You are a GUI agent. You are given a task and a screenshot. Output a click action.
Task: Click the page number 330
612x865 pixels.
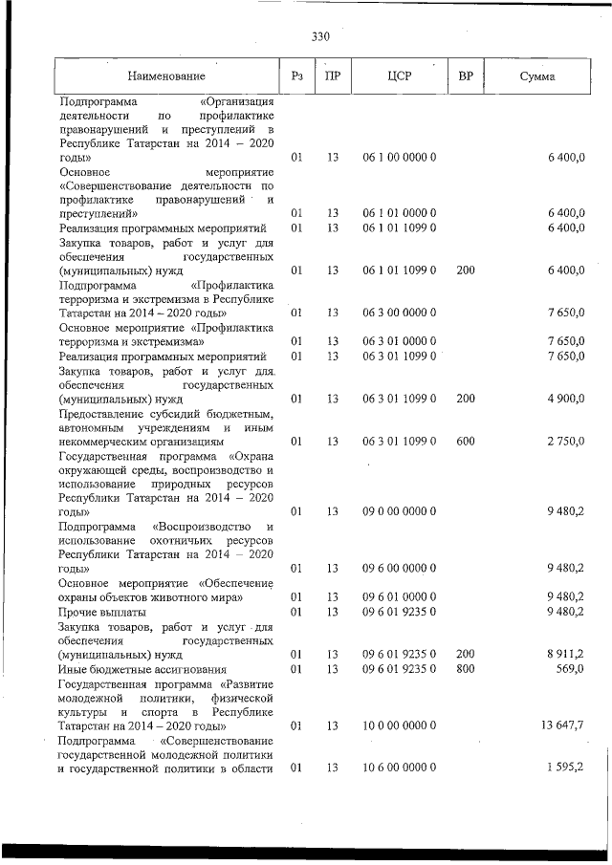tap(320, 36)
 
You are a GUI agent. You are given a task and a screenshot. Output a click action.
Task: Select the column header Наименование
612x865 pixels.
tap(166, 76)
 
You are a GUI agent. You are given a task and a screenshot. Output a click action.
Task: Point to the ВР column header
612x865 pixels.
tap(466, 76)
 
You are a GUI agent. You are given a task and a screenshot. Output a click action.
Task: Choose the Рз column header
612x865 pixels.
tap(297, 76)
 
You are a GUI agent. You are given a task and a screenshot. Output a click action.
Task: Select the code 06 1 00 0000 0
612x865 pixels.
tap(400, 157)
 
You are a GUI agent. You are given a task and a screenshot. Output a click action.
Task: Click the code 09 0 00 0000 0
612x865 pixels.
tap(400, 511)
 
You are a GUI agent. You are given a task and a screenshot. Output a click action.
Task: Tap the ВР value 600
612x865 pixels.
tap(466, 442)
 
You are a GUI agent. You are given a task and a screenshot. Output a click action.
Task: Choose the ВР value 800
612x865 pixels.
tap(466, 669)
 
